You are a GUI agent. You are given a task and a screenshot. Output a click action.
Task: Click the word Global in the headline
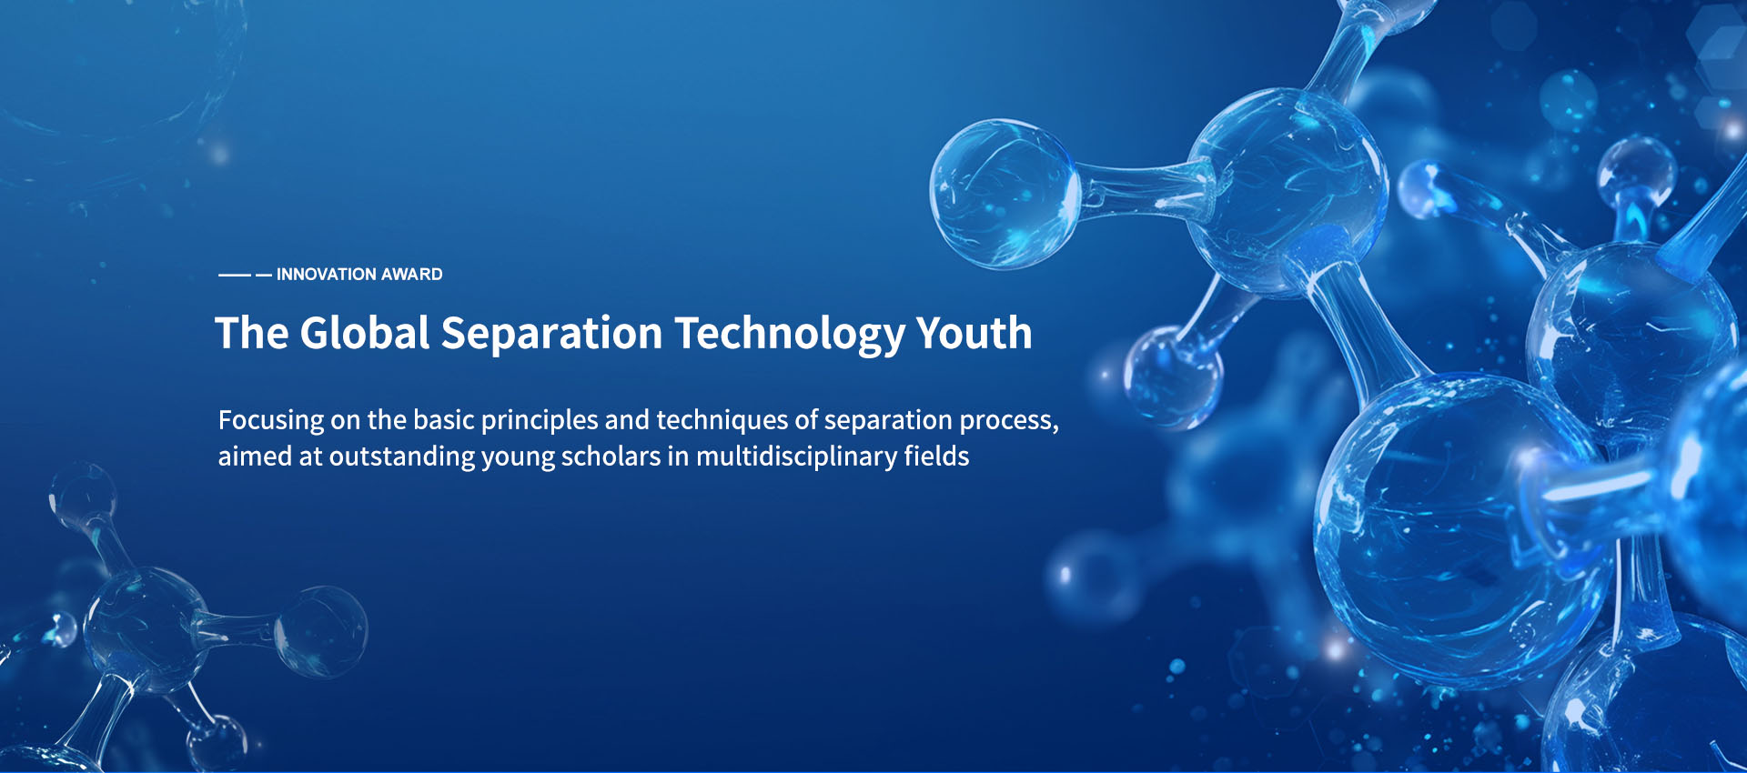(x=365, y=333)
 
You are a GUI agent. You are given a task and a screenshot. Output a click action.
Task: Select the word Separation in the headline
(x=552, y=334)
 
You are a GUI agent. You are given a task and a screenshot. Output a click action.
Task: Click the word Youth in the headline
(x=974, y=333)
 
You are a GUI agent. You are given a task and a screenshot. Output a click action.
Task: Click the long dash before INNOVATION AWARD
(x=235, y=275)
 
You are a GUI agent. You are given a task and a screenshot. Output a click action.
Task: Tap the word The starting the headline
(x=252, y=333)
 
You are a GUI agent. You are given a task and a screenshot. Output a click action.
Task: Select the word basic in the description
(x=444, y=420)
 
